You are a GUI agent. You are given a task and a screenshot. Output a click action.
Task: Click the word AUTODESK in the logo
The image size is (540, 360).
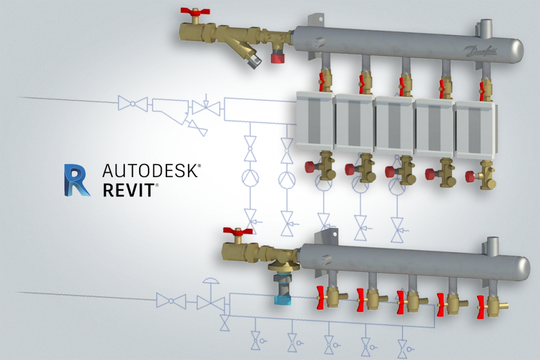tap(151, 172)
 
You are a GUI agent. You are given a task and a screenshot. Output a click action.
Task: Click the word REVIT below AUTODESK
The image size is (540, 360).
tap(130, 191)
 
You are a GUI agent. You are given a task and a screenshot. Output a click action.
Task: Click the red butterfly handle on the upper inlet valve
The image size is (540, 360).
tap(192, 11)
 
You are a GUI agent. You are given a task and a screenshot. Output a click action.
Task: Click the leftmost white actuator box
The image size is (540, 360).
tap(315, 120)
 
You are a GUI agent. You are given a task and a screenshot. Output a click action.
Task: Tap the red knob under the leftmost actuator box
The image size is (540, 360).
tap(311, 166)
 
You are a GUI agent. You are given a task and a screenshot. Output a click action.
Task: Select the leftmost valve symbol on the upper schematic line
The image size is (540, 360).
tap(133, 104)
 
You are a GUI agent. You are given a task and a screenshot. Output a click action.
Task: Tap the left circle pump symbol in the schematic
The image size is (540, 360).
tap(249, 178)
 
